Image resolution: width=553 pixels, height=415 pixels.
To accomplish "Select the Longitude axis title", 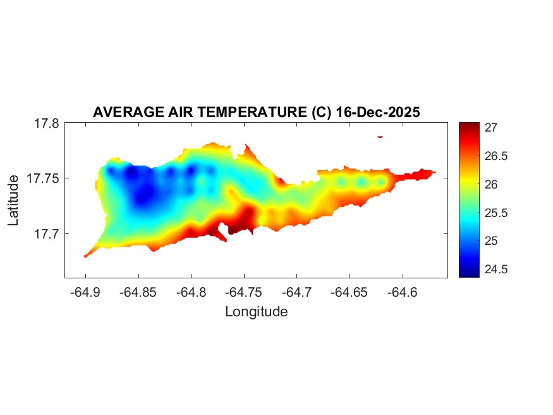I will pyautogui.click(x=256, y=311).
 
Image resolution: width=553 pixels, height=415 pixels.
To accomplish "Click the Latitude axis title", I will pyautogui.click(x=14, y=201).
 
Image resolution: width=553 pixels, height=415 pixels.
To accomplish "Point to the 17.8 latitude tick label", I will pyautogui.click(x=47, y=123).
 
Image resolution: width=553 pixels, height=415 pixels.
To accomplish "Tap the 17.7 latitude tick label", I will pyautogui.click(x=47, y=233).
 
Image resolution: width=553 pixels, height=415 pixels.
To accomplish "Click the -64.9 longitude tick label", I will pyautogui.click(x=86, y=292).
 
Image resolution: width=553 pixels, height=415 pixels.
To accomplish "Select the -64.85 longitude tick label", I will pyautogui.click(x=139, y=292).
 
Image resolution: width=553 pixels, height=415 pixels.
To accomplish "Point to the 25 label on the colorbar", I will pyautogui.click(x=491, y=241).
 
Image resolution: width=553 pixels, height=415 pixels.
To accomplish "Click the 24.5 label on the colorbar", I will pyautogui.click(x=497, y=269).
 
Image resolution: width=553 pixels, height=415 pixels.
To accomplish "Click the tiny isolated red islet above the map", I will pyautogui.click(x=380, y=136).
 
